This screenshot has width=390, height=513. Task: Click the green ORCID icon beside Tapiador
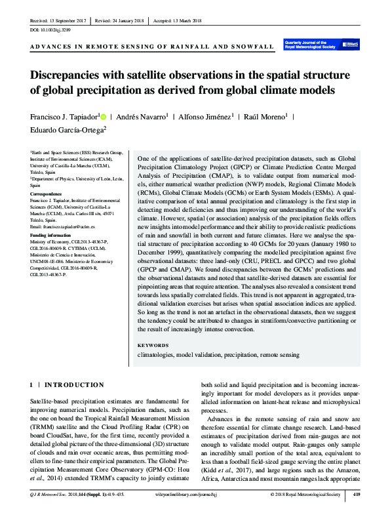(x=103, y=117)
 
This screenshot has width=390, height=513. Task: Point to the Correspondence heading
(x=50, y=194)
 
